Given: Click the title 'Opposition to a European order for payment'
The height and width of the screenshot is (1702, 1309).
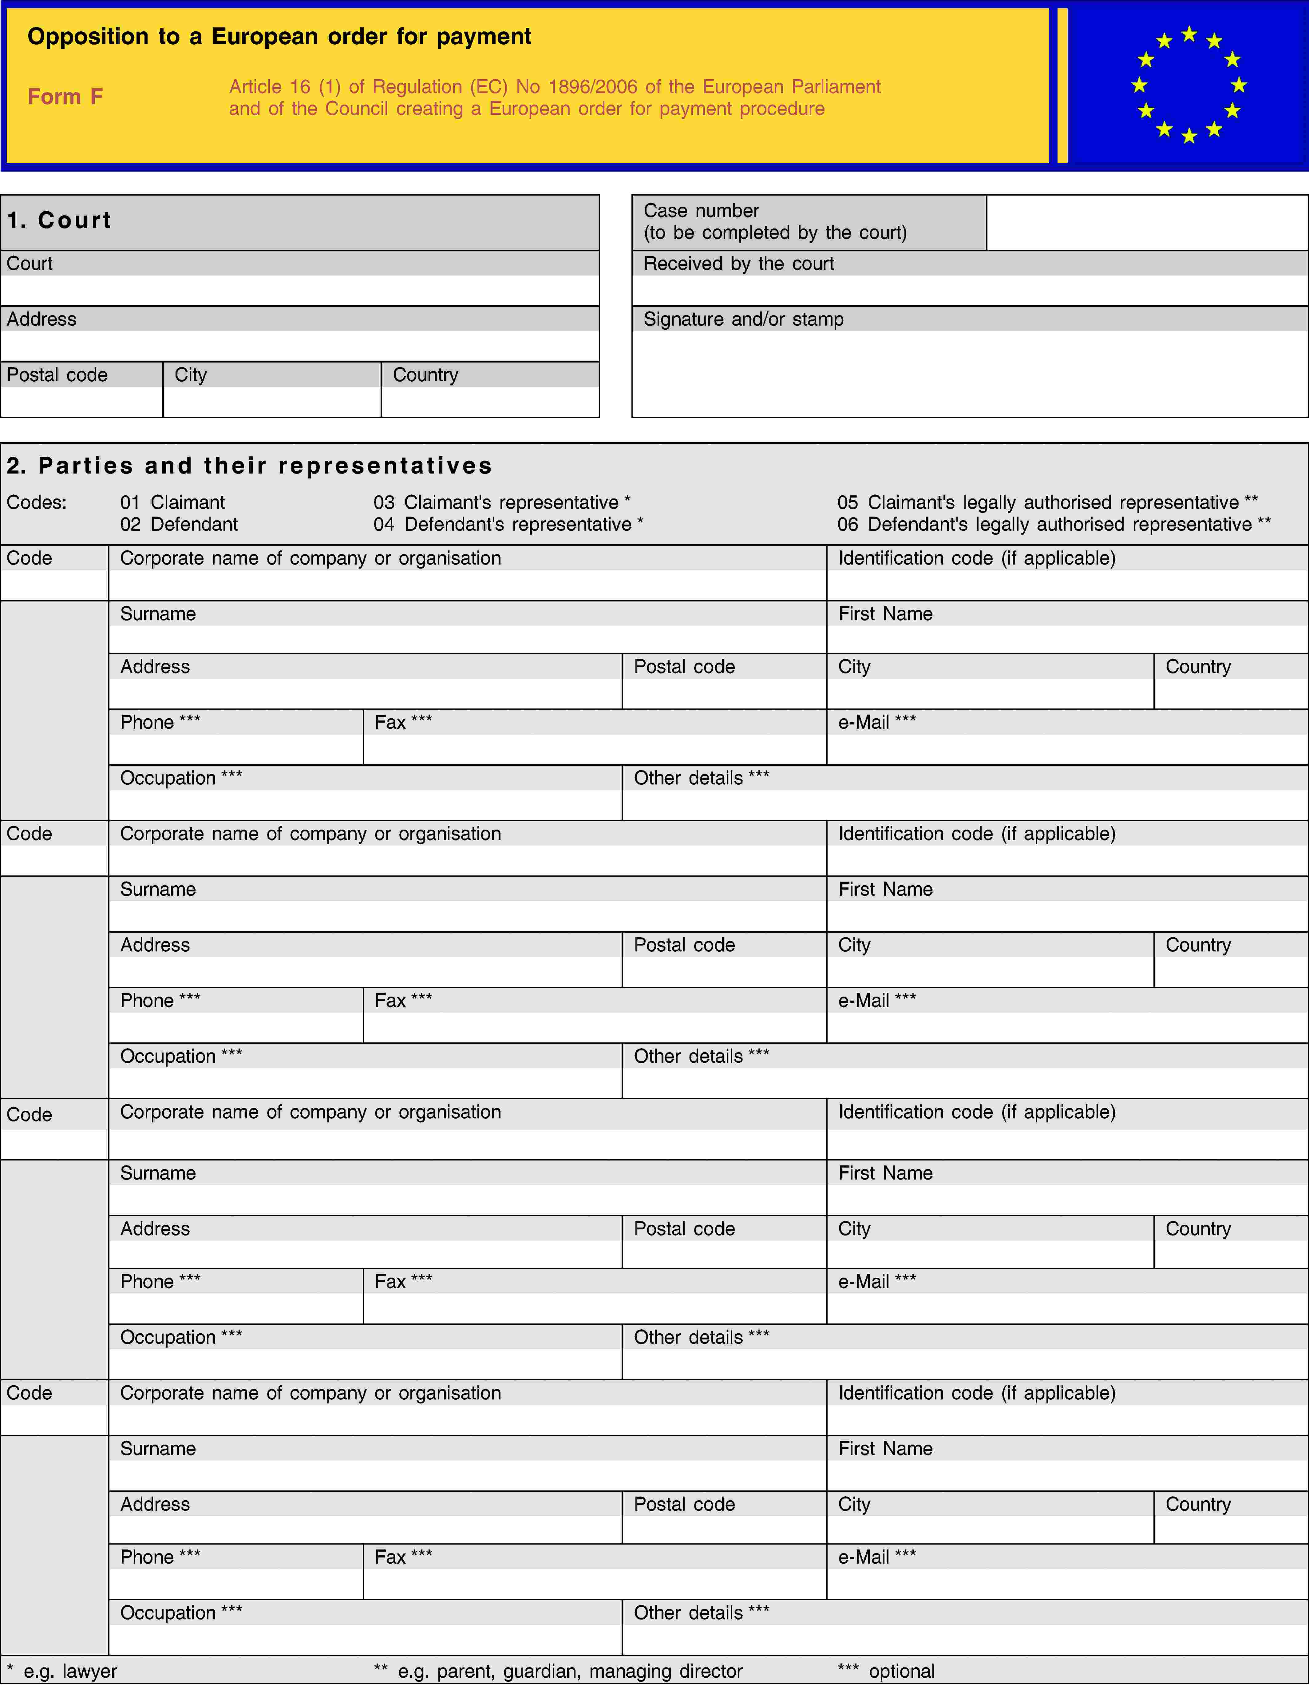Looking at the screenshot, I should click(x=279, y=37).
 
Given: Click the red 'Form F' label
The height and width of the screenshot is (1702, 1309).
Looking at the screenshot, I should click(x=65, y=97).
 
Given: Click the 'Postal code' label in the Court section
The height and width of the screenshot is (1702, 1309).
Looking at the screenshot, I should click(x=57, y=375).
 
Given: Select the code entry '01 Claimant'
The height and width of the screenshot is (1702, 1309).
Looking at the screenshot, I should click(x=172, y=503).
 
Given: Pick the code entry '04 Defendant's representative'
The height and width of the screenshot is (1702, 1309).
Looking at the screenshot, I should click(x=508, y=525).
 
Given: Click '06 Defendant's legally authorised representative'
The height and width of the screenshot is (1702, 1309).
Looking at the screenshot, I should click(x=1054, y=525).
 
